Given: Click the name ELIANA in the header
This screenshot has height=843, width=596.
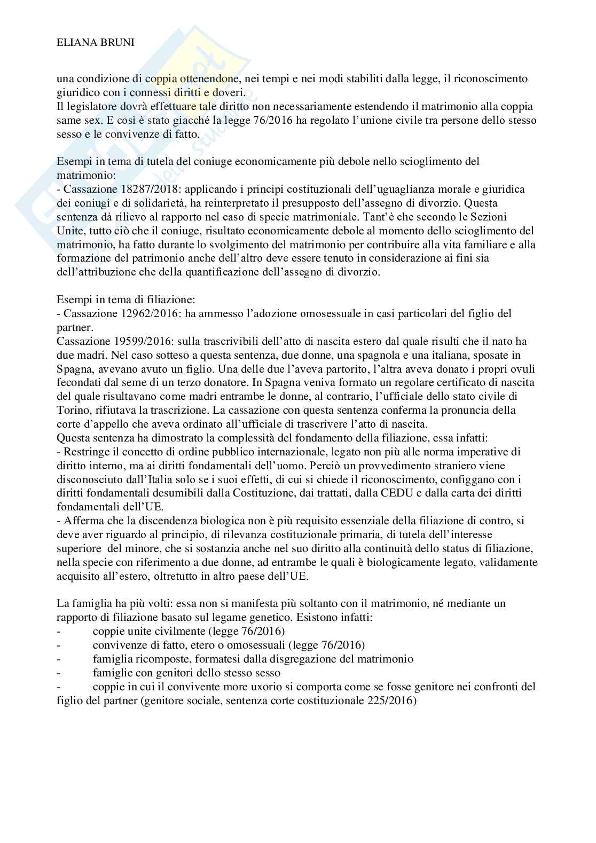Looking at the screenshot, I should coord(75,44).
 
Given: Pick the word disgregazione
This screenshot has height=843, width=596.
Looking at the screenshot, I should coord(307,659).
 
